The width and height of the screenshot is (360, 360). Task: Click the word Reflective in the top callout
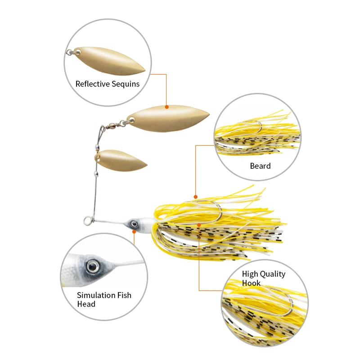click(91, 84)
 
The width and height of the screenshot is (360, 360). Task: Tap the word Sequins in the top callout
click(124, 84)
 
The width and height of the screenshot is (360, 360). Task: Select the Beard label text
click(260, 166)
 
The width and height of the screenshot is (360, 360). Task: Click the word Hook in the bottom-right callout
click(251, 283)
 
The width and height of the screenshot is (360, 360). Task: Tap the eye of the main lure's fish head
click(134, 223)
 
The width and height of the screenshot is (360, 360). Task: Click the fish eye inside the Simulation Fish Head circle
click(92, 265)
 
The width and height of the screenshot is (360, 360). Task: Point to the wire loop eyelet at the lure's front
click(87, 220)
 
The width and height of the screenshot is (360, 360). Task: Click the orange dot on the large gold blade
click(166, 107)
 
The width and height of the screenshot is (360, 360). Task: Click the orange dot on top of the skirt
click(195, 197)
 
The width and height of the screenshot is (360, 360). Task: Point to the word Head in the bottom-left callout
click(86, 304)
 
